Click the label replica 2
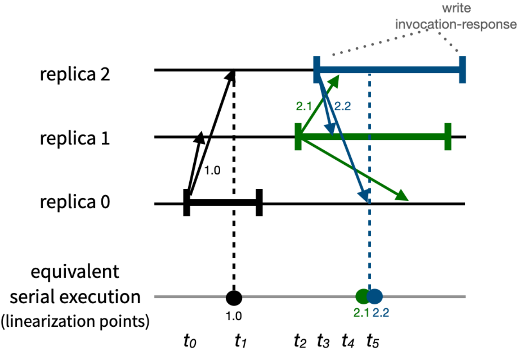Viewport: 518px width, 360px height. tap(75, 74)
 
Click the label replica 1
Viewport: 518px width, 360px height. tap(75, 138)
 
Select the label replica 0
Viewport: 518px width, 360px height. tap(75, 202)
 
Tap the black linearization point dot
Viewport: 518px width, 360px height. tap(234, 297)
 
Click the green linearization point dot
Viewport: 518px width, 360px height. tap(362, 296)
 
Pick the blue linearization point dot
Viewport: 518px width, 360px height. tap(375, 296)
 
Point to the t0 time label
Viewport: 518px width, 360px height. tap(190, 341)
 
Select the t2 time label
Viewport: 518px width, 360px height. tap(300, 341)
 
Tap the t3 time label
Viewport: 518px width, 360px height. tap(323, 341)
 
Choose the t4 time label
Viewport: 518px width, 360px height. tap(348, 341)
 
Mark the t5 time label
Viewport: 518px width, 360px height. tap(373, 341)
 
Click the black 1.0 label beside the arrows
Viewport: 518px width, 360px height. tap(212, 171)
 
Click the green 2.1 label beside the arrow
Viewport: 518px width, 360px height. tap(304, 106)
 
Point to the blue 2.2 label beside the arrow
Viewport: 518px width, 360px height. tap(343, 106)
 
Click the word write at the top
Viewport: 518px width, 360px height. tap(456, 8)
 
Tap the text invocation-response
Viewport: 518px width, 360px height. tap(456, 24)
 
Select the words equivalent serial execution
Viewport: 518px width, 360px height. tap(75, 284)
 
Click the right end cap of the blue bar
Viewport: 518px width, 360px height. tap(463, 70)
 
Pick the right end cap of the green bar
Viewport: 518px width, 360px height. tap(448, 137)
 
